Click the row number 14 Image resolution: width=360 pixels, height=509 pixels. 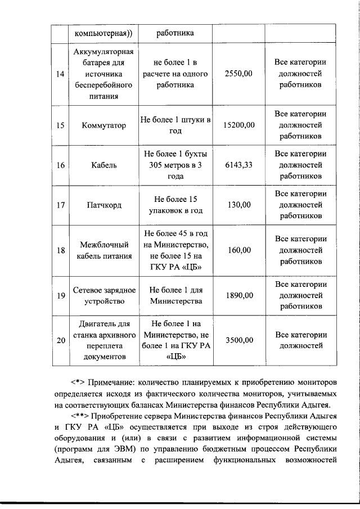tap(60, 74)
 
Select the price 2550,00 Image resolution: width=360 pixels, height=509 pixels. tap(238, 74)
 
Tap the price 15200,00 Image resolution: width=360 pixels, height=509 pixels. tap(238, 125)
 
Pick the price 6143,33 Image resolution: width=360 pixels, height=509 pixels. tap(238, 165)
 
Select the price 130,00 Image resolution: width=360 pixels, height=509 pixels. tap(238, 205)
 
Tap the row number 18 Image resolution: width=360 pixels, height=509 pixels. tap(60, 250)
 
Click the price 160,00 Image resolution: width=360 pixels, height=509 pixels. tap(238, 250)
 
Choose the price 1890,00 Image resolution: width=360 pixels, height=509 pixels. tap(238, 295)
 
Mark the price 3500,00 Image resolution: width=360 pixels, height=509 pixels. tap(238, 340)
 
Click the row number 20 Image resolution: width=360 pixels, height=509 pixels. tap(60, 340)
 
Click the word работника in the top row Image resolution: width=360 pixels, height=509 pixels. tap(175, 33)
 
